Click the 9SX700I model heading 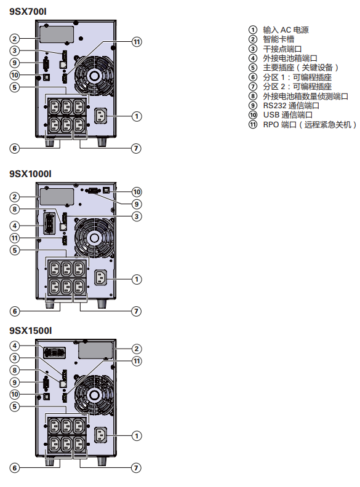pos(28,12)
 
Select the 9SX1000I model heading pos(31,174)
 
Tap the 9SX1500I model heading pos(31,330)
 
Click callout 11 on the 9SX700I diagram pos(137,42)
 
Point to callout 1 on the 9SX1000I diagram pos(137,279)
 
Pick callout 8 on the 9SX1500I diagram pos(14,370)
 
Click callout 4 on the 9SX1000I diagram pos(14,226)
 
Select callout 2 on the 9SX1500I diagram pos(137,349)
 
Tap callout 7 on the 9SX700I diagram pos(136,148)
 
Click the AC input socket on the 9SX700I pos(100,116)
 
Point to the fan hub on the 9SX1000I pos(94,238)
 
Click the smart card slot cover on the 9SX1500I pos(95,350)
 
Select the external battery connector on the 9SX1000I pos(49,223)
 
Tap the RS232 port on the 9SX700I pos(46,65)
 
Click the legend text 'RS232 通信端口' pos(291,106)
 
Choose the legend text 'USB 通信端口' pos(288,115)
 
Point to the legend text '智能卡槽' pos(279,39)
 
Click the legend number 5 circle pos(253,68)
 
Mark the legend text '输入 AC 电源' pos(286,30)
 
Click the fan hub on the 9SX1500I pos(94,395)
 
